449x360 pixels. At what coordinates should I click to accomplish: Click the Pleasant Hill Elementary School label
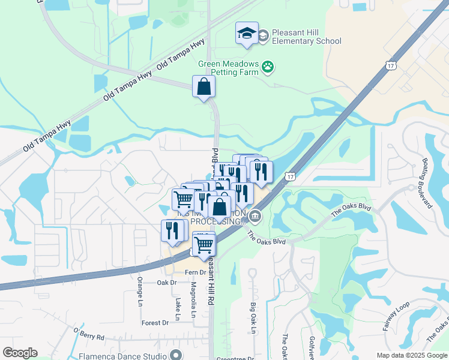(306, 37)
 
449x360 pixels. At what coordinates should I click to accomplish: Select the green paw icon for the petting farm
(268, 68)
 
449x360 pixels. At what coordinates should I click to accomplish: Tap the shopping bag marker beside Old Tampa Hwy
(204, 87)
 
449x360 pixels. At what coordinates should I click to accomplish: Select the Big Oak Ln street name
(253, 318)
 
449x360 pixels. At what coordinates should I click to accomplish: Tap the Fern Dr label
(195, 272)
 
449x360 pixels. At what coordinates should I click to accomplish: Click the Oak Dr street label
(167, 282)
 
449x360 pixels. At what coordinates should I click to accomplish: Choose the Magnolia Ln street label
(193, 302)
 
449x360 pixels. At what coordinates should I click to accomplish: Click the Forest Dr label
(155, 323)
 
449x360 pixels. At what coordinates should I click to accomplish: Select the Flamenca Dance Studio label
(122, 356)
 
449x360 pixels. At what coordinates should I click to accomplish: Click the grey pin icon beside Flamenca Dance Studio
(175, 355)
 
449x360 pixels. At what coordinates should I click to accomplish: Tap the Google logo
(20, 353)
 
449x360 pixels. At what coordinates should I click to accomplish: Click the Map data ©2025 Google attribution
(411, 355)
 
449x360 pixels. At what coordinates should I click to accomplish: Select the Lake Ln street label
(178, 307)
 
